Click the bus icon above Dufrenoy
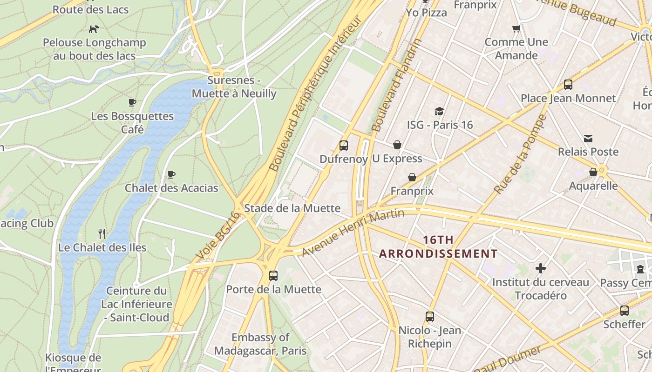point(344,146)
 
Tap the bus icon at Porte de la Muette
point(273,275)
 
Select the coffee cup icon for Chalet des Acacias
point(171,175)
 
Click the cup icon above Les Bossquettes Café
point(132,102)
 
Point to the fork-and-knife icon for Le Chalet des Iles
point(102,233)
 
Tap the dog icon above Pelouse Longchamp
point(94,29)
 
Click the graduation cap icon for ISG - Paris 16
point(439,111)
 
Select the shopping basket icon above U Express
point(397,145)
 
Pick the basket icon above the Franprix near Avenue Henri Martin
point(412,177)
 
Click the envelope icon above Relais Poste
point(588,138)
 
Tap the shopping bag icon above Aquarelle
point(593,173)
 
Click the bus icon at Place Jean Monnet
point(568,85)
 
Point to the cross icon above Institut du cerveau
point(541,268)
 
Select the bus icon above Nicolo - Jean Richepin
point(430,317)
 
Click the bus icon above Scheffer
point(625,310)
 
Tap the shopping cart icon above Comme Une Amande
point(516,29)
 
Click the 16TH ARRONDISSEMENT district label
point(438,247)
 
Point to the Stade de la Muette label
point(292,208)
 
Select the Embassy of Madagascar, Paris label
point(260,344)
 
